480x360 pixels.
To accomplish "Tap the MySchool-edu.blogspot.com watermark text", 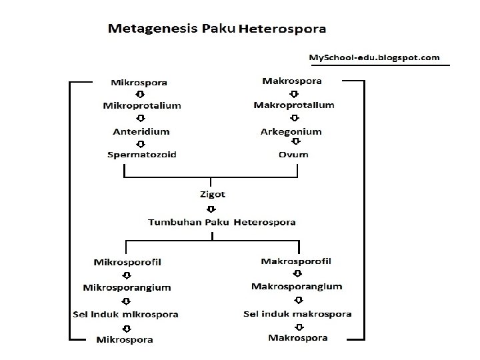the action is [x=374, y=57].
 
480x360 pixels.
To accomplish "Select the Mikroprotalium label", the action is [x=142, y=105].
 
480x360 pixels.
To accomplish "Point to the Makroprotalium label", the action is [x=294, y=105].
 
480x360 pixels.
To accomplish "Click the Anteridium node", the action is [x=141, y=131].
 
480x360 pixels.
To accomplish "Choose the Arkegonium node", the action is [x=291, y=131].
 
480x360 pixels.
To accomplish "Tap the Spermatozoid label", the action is [x=142, y=155].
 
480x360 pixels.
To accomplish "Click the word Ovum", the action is [x=294, y=155].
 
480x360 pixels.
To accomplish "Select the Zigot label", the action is [x=212, y=195].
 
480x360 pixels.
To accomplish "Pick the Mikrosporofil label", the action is [x=127, y=262].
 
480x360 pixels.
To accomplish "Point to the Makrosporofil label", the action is [x=297, y=261].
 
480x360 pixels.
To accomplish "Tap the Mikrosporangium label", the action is [x=127, y=287].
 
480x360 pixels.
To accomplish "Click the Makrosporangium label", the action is [x=297, y=287].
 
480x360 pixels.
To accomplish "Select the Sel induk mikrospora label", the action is [x=127, y=314].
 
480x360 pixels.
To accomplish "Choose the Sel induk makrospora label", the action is [x=297, y=313].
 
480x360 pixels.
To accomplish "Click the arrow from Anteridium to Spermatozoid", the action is [x=141, y=143].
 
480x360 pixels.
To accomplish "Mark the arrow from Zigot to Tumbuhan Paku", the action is [x=212, y=208].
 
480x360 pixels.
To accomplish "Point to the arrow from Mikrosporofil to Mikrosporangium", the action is [x=127, y=275].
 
